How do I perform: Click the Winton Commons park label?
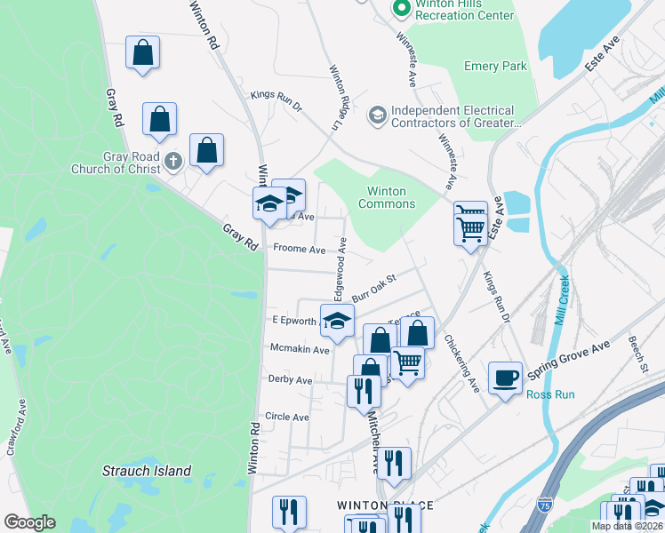pyautogui.click(x=387, y=197)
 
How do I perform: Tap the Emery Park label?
pyautogui.click(x=495, y=66)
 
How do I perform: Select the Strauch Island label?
pyautogui.click(x=147, y=471)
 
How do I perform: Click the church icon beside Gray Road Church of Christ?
pyautogui.click(x=174, y=161)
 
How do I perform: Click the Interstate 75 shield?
pyautogui.click(x=544, y=505)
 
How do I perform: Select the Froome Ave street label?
pyautogui.click(x=300, y=250)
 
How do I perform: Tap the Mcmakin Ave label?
pyautogui.click(x=300, y=349)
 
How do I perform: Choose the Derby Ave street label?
pyautogui.click(x=290, y=379)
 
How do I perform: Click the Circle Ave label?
pyautogui.click(x=287, y=417)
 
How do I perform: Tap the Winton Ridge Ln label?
pyautogui.click(x=335, y=98)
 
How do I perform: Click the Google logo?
pyautogui.click(x=29, y=522)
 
